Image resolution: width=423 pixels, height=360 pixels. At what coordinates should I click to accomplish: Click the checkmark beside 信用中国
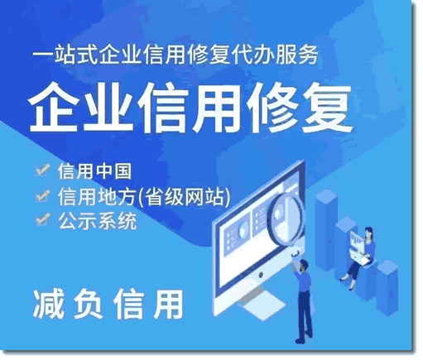tap(43, 170)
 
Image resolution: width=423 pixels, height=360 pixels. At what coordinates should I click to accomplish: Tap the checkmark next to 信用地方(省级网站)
tap(43, 195)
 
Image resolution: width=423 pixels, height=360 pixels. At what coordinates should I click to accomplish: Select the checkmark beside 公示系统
tap(43, 218)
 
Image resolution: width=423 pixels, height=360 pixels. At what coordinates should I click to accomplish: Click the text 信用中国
tap(94, 171)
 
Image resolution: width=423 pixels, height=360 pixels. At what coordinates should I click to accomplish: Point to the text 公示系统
tap(98, 221)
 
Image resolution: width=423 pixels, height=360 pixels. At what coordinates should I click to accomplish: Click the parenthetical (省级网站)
tap(184, 197)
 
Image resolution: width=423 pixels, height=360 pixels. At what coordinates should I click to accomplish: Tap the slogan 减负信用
tap(108, 305)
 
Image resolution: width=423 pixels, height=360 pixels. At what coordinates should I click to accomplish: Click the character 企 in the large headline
tap(53, 108)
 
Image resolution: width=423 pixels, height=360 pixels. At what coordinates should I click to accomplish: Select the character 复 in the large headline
tap(328, 108)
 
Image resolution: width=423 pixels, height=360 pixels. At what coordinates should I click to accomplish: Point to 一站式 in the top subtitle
tap(65, 54)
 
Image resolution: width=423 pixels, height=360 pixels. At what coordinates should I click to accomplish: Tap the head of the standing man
tap(303, 265)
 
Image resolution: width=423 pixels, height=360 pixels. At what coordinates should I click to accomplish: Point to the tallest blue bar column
tap(326, 230)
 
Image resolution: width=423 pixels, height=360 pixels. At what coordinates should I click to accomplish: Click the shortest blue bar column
tap(387, 287)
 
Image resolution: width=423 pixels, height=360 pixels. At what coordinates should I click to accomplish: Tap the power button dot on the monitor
tap(260, 274)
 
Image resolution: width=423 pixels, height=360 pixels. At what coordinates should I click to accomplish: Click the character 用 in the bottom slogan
tap(168, 305)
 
